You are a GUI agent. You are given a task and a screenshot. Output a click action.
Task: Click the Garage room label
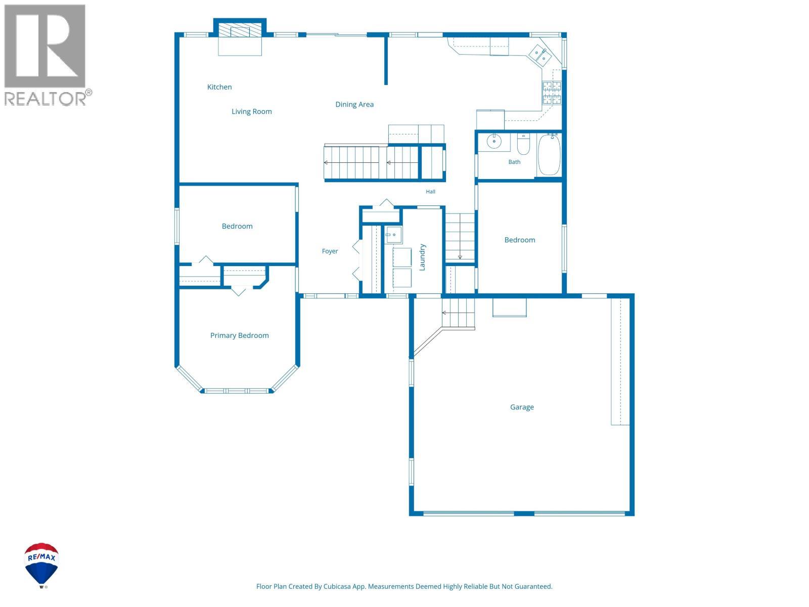pyautogui.click(x=521, y=407)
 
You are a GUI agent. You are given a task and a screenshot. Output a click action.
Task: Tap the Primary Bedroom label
pyautogui.click(x=239, y=335)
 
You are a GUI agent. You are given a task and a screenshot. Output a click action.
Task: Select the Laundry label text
pyautogui.click(x=422, y=257)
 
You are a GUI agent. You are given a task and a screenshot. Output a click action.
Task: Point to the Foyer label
pyautogui.click(x=330, y=251)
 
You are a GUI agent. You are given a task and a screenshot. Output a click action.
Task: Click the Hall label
pyautogui.click(x=430, y=191)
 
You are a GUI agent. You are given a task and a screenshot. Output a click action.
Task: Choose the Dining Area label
pyautogui.click(x=354, y=104)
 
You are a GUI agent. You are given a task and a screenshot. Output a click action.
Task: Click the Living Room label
pyautogui.click(x=251, y=111)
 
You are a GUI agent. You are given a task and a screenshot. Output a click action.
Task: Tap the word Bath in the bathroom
pyautogui.click(x=514, y=162)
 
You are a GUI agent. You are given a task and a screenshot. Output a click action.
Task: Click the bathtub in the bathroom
pyautogui.click(x=549, y=154)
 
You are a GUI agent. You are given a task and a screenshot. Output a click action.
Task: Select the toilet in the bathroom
pyautogui.click(x=523, y=145)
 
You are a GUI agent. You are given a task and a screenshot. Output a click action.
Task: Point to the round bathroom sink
pyautogui.click(x=493, y=141)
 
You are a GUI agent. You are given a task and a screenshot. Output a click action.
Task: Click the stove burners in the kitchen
pyautogui.click(x=551, y=93)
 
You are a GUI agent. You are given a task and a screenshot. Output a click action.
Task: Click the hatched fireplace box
pyautogui.click(x=240, y=31)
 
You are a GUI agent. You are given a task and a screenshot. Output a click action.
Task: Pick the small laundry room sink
pyautogui.click(x=393, y=235)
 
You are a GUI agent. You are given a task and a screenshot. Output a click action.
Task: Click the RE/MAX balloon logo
pyautogui.click(x=41, y=565)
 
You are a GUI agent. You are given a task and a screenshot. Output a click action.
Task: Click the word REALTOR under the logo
pyautogui.click(x=45, y=99)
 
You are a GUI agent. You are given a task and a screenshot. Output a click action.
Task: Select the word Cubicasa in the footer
pyautogui.click(x=337, y=586)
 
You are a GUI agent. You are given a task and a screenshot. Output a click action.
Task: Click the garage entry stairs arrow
pyautogui.click(x=458, y=313)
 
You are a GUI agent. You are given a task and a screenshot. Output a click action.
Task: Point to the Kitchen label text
pyautogui.click(x=219, y=87)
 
